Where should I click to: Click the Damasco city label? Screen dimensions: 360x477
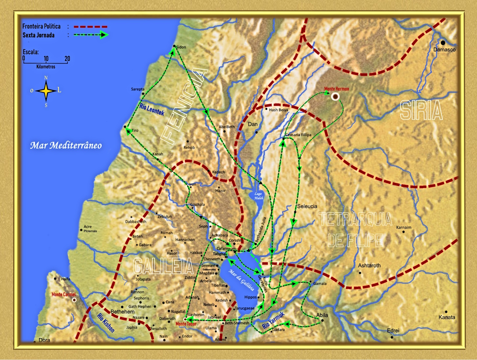(444, 50)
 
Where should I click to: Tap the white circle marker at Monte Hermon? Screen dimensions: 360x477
(335, 97)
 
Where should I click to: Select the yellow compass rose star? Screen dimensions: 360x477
(46, 91)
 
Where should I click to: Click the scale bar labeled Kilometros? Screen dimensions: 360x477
(46, 63)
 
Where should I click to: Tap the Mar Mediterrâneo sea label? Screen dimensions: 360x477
(66, 146)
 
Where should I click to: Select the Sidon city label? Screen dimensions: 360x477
(181, 47)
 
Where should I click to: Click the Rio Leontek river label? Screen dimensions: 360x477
(152, 110)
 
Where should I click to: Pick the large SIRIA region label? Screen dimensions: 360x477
(421, 110)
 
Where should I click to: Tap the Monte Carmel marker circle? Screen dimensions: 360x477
(74, 300)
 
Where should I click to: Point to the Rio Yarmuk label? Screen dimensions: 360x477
(273, 320)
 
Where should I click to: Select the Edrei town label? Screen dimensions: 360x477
(393, 330)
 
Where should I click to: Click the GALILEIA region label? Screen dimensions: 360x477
(163, 266)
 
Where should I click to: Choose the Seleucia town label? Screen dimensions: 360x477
(307, 206)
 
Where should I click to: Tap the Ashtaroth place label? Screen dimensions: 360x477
(369, 266)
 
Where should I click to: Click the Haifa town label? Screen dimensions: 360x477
(65, 279)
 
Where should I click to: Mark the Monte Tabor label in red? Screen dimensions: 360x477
(186, 324)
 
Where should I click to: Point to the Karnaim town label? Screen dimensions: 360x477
(403, 227)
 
